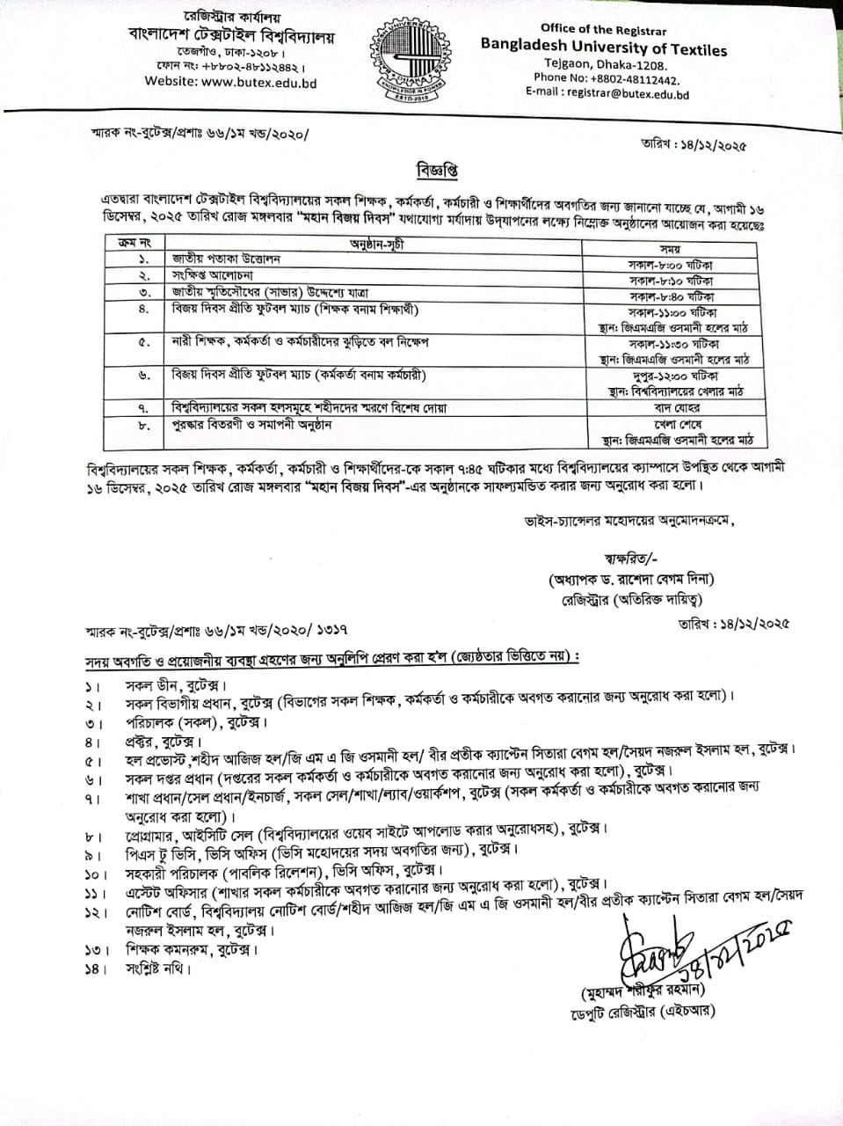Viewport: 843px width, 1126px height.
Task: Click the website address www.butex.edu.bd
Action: [x=230, y=83]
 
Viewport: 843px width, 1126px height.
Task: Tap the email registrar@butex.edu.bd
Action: [x=607, y=94]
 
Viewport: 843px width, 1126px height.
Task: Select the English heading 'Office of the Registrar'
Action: [x=603, y=29]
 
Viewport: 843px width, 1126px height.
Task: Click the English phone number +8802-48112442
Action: [x=606, y=78]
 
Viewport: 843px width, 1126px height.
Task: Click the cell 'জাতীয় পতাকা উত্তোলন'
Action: [x=226, y=260]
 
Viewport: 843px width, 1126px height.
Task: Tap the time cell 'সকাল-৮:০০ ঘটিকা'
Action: [x=671, y=265]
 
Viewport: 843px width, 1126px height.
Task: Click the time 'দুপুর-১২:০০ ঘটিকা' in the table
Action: [x=672, y=376]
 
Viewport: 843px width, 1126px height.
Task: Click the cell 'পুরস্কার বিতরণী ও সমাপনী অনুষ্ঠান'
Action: [x=251, y=425]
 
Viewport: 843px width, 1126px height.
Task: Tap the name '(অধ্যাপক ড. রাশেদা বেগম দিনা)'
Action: [x=631, y=579]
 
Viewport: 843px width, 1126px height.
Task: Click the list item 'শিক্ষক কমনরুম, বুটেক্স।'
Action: [x=192, y=950]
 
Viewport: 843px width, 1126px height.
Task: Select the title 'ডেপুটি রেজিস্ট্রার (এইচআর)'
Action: [x=641, y=1011]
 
